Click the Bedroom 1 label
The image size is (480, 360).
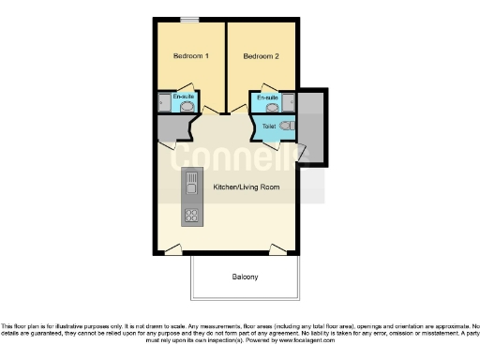pyautogui.click(x=189, y=57)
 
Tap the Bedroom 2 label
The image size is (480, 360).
pyautogui.click(x=262, y=57)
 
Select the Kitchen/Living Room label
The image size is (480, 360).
pyautogui.click(x=246, y=187)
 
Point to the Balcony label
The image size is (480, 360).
pyautogui.click(x=245, y=277)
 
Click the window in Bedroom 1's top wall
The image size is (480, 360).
pyautogui.click(x=190, y=20)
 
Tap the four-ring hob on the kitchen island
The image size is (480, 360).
pyautogui.click(x=191, y=216)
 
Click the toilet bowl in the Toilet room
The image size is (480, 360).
pyautogui.click(x=288, y=125)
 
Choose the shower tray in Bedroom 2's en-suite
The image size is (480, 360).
pyautogui.click(x=291, y=101)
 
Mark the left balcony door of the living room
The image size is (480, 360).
pyautogui.click(x=173, y=248)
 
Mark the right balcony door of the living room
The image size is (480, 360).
pyautogui.click(x=278, y=248)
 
